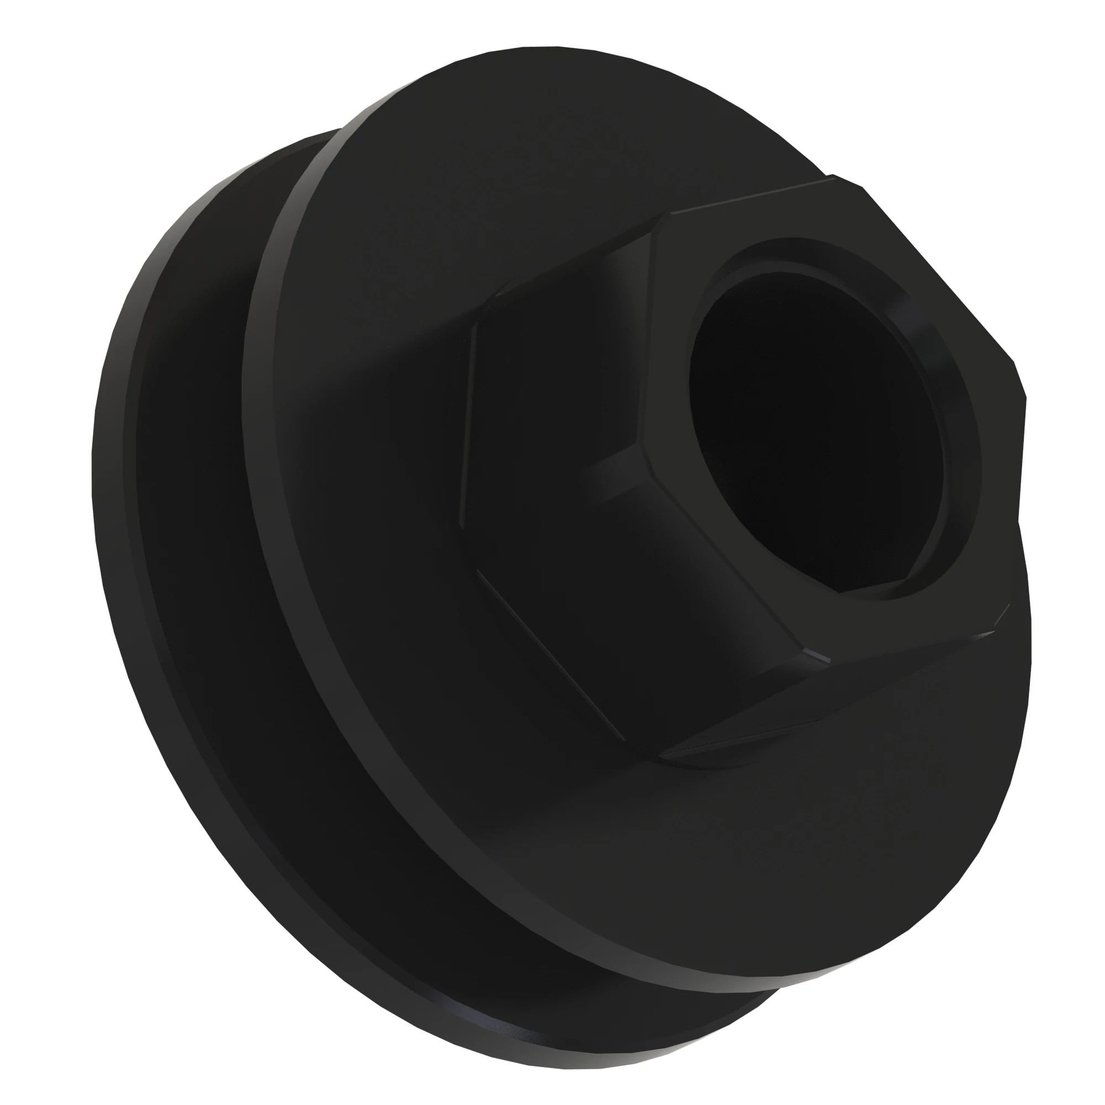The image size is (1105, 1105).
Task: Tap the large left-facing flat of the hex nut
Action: click(549, 372)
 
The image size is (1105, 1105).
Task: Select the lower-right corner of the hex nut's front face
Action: click(1009, 606)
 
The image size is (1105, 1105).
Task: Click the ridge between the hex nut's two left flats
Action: click(606, 464)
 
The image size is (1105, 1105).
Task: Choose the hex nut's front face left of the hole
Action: click(669, 401)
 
